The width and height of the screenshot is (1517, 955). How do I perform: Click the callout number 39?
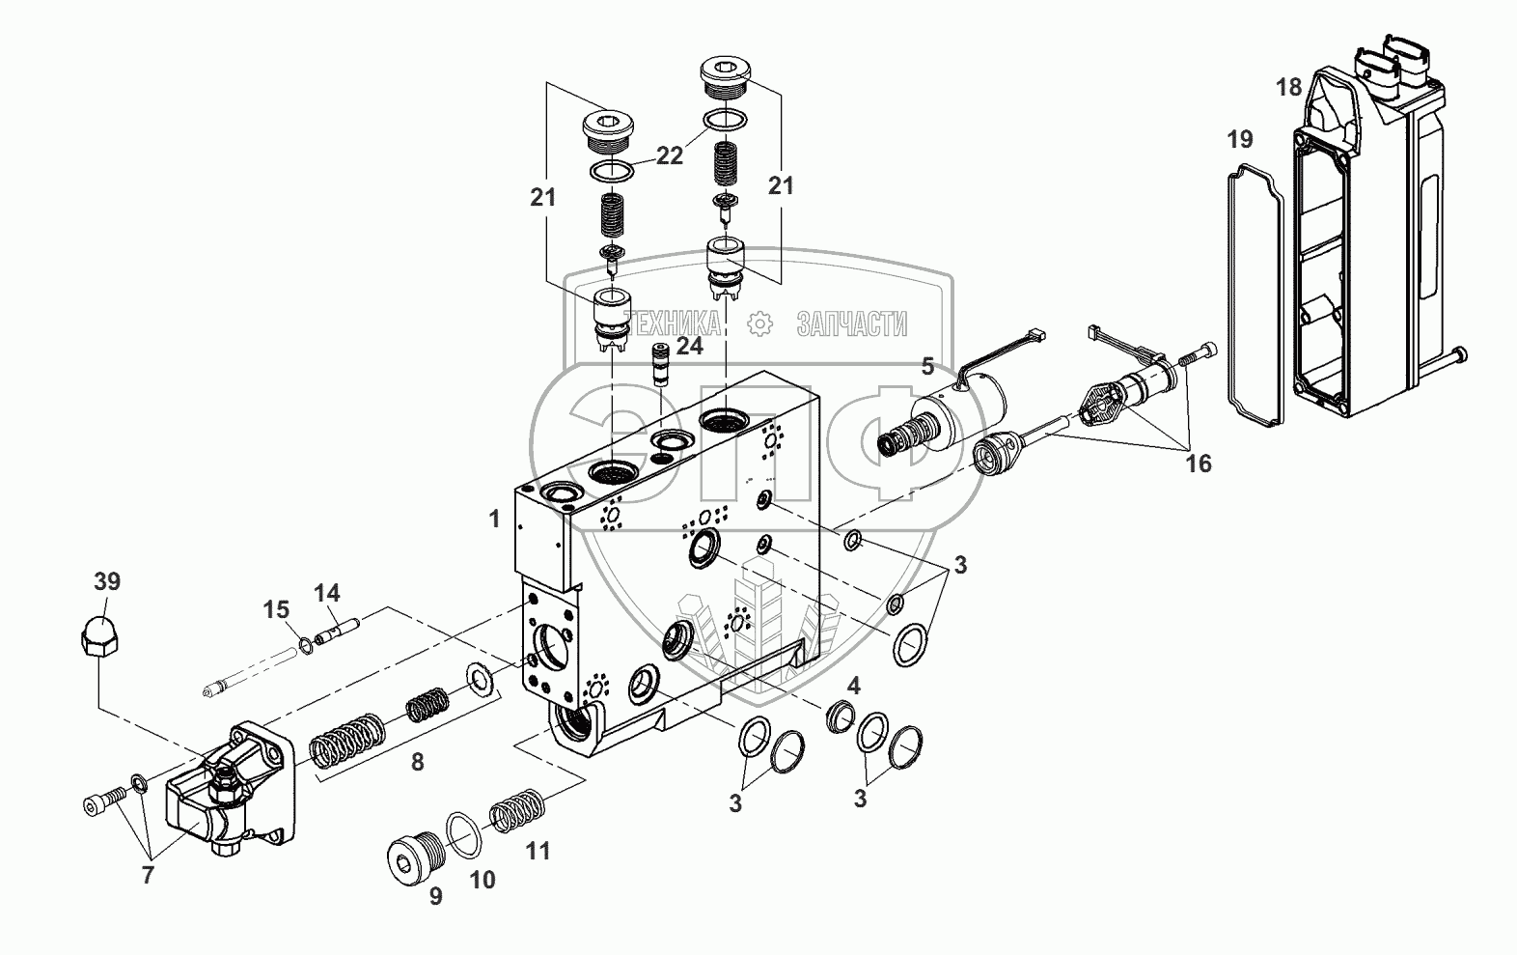(107, 581)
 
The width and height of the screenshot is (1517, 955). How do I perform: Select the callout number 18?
(1288, 88)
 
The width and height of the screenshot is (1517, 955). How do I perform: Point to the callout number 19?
(1240, 140)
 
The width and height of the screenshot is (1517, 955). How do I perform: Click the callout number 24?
(690, 347)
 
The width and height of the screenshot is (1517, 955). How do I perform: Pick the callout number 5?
(927, 367)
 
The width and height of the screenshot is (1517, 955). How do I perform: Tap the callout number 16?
(1198, 463)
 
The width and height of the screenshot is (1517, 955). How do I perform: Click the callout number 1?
(495, 520)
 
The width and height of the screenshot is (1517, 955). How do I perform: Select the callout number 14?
(326, 594)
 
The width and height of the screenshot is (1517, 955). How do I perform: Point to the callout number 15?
(276, 609)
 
